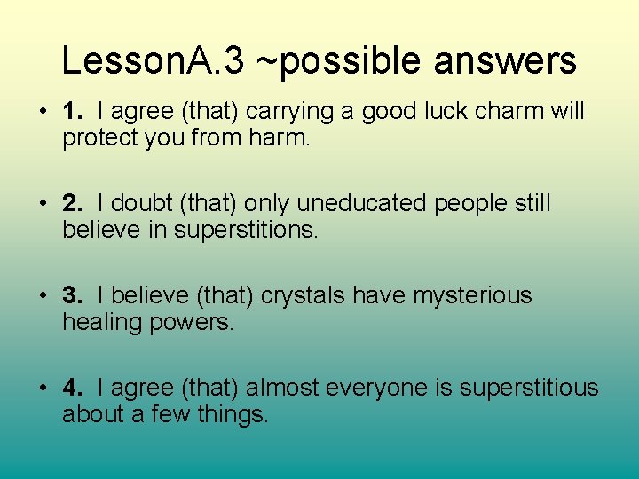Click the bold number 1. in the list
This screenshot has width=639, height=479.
tap(74, 111)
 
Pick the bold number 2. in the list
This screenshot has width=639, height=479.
tap(74, 203)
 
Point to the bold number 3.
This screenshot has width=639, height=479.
tap(74, 295)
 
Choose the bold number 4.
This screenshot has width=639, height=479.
tap(74, 388)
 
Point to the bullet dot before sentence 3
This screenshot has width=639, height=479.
tap(43, 296)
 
